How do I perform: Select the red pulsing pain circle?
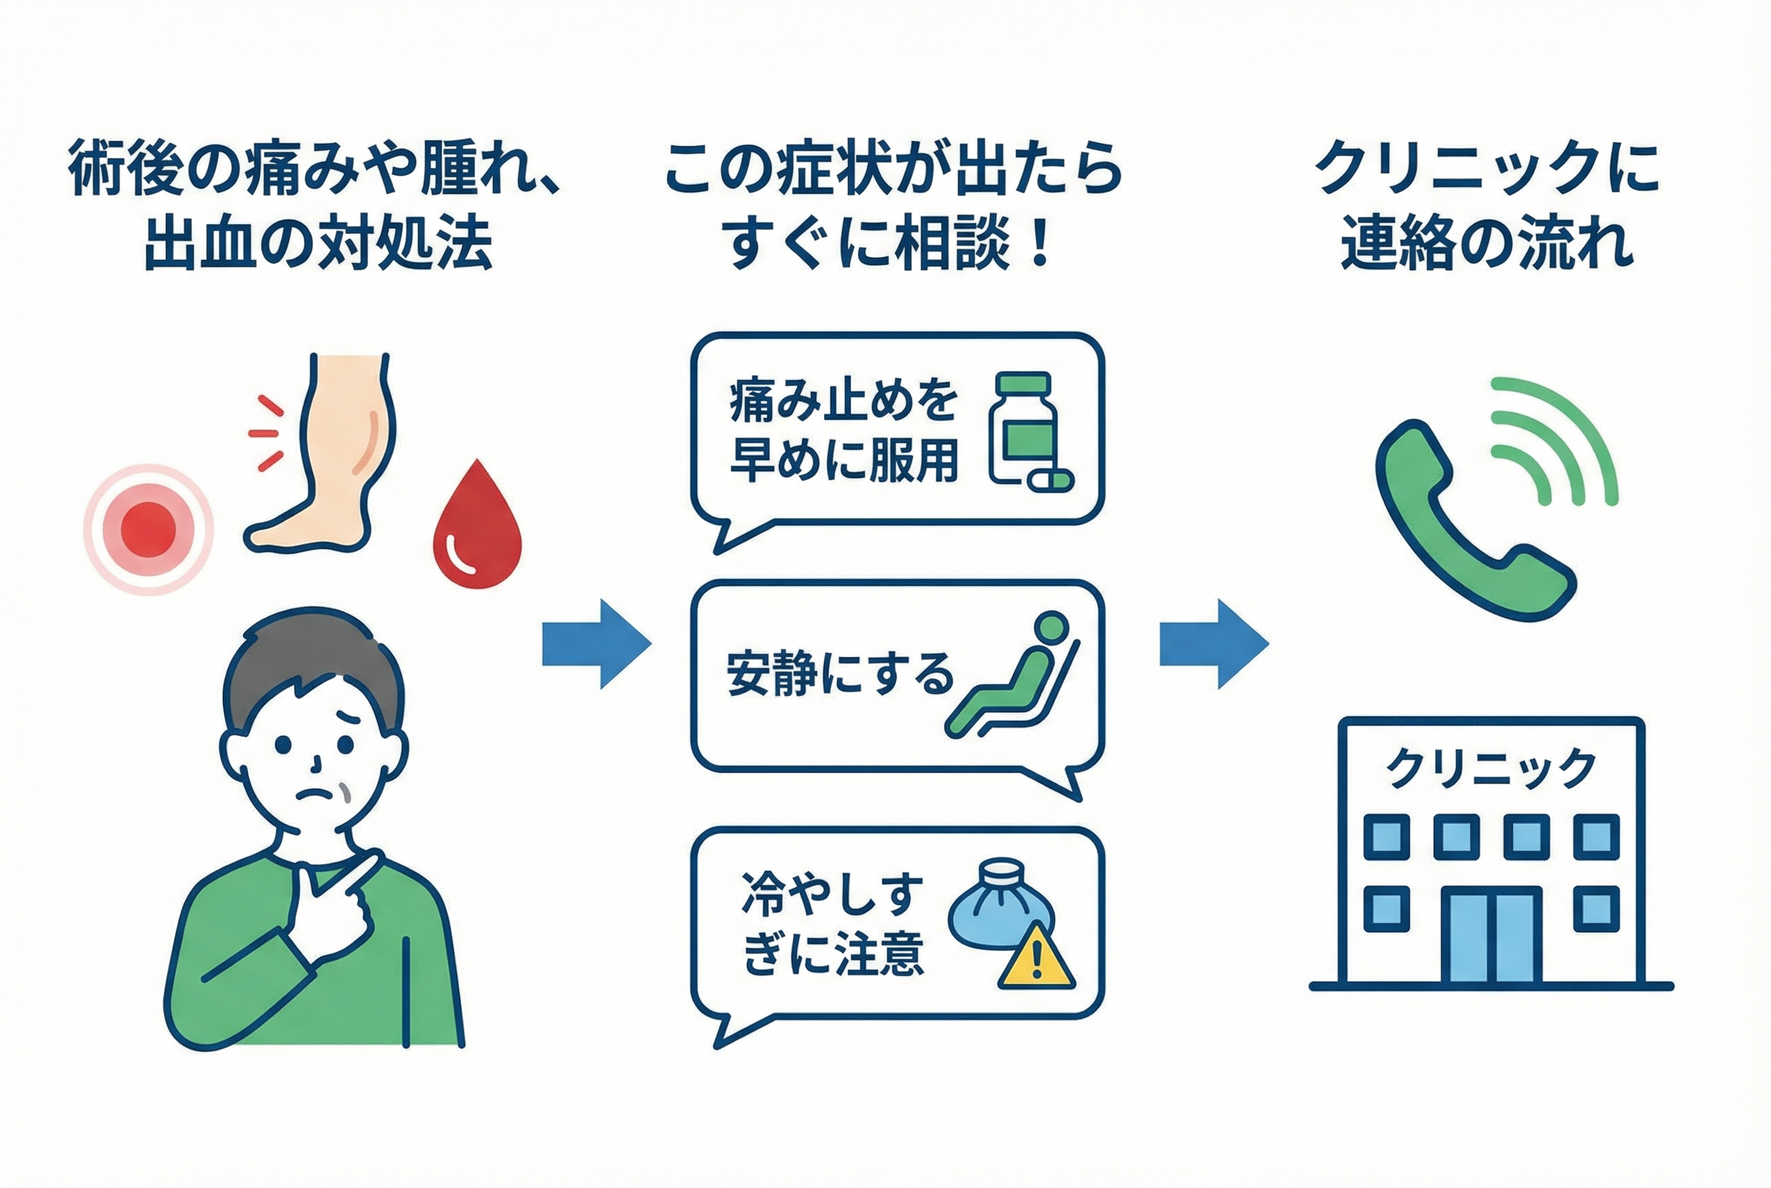(149, 529)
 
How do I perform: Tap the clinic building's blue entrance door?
(1491, 937)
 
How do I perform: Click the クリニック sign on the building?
(1491, 769)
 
